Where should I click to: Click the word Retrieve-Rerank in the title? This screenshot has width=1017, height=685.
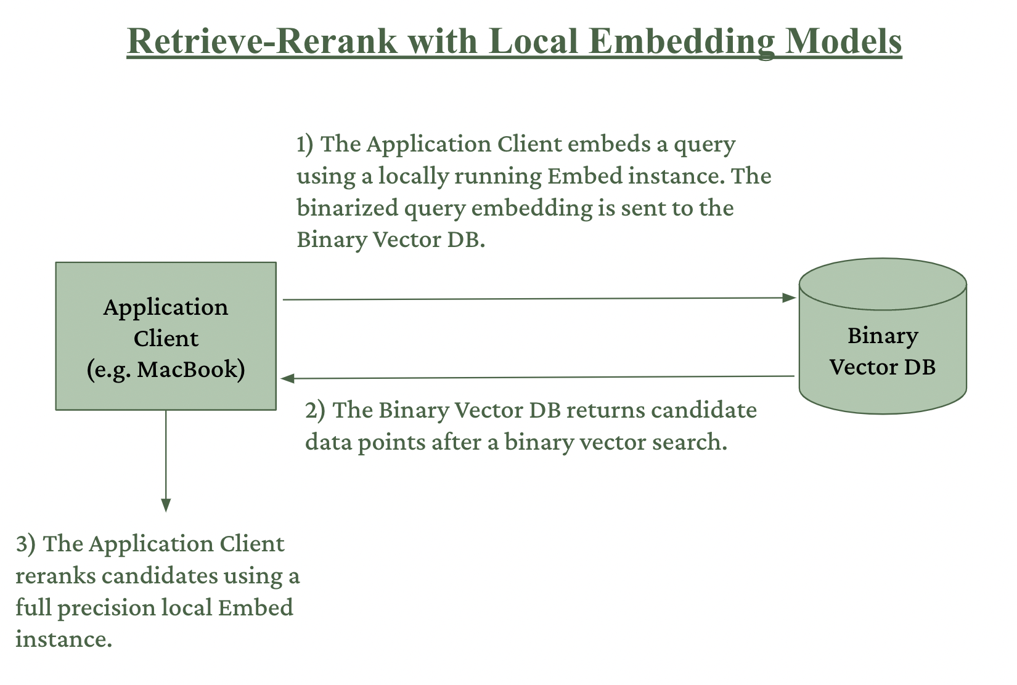pyautogui.click(x=261, y=41)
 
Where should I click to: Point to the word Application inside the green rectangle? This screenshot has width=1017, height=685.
pyautogui.click(x=166, y=307)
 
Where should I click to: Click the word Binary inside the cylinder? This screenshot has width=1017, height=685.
pyautogui.click(x=883, y=336)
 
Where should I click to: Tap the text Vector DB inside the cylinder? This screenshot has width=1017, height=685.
pyautogui.click(x=883, y=367)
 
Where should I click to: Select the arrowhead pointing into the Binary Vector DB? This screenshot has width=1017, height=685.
pyautogui.click(x=788, y=298)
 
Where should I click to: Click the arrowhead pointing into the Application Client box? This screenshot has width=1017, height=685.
pyautogui.click(x=288, y=378)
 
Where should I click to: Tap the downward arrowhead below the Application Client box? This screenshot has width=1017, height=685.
pyautogui.click(x=166, y=506)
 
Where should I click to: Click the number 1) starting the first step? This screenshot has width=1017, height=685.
pyautogui.click(x=306, y=144)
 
